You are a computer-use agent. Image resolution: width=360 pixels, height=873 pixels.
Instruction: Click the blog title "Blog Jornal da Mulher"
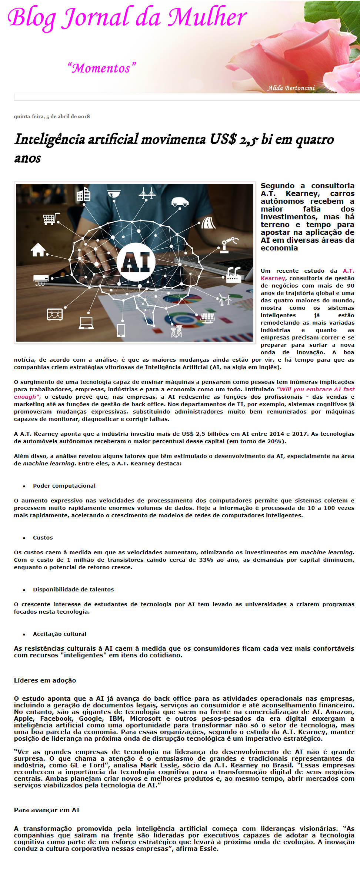click(127, 17)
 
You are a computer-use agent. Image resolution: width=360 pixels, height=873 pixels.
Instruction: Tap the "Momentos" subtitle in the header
click(101, 68)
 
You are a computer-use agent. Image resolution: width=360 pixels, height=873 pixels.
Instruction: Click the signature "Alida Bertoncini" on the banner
click(291, 88)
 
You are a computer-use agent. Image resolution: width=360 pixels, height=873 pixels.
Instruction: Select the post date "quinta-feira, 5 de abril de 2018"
click(52, 116)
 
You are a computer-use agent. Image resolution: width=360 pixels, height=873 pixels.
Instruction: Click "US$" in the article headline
click(223, 140)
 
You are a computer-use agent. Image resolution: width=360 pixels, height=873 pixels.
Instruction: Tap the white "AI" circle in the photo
click(136, 262)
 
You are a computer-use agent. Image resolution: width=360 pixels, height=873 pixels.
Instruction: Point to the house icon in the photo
click(39, 250)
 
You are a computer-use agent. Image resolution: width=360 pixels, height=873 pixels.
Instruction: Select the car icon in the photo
click(180, 202)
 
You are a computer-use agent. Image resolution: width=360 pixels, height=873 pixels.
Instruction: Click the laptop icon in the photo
click(86, 323)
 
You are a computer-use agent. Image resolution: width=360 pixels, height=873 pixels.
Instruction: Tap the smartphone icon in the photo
click(121, 330)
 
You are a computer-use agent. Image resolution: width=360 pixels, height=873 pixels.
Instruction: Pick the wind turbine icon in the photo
click(224, 299)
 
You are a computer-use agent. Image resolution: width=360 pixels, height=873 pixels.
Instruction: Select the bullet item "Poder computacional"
click(64, 486)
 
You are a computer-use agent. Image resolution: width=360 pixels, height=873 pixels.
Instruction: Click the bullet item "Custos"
click(43, 538)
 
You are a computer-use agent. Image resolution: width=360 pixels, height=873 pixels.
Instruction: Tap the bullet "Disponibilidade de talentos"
click(73, 590)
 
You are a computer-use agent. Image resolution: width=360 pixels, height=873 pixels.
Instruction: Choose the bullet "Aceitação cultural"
click(60, 634)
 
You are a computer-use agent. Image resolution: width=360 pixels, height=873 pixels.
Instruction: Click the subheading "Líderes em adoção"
click(45, 680)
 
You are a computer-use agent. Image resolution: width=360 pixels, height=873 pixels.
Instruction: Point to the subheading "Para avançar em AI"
click(47, 810)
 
